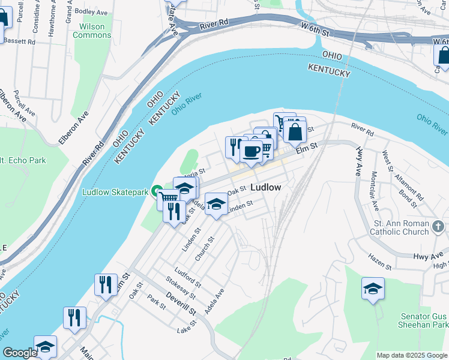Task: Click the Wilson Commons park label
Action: pyautogui.click(x=88, y=31)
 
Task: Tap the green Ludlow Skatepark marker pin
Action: pyautogui.click(x=157, y=192)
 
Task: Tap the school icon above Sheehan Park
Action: pyautogui.click(x=373, y=289)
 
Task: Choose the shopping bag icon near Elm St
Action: pyautogui.click(x=295, y=131)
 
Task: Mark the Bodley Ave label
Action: pyautogui.click(x=91, y=11)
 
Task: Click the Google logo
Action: pyautogui.click(x=20, y=353)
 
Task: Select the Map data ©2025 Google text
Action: pyautogui.click(x=412, y=355)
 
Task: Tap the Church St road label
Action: pyautogui.click(x=205, y=249)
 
